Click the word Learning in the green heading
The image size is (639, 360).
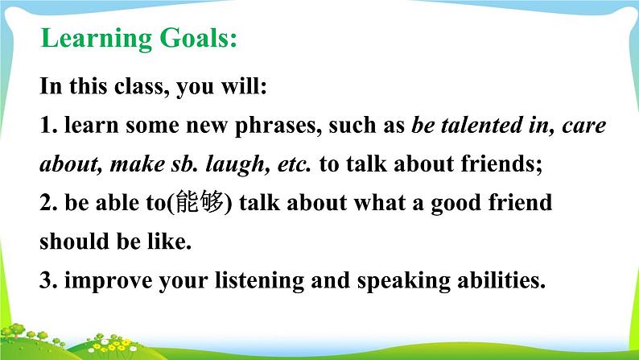(x=97, y=39)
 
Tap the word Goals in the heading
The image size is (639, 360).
(x=195, y=38)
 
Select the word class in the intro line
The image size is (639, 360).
(x=138, y=85)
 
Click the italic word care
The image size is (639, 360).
(x=584, y=126)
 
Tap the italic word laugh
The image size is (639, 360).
(x=235, y=165)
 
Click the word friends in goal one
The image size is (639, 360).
(x=498, y=164)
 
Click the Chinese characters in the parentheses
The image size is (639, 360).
(x=200, y=202)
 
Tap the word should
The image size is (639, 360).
(x=74, y=241)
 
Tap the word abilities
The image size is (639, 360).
(x=498, y=280)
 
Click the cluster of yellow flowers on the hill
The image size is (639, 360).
(x=113, y=344)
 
